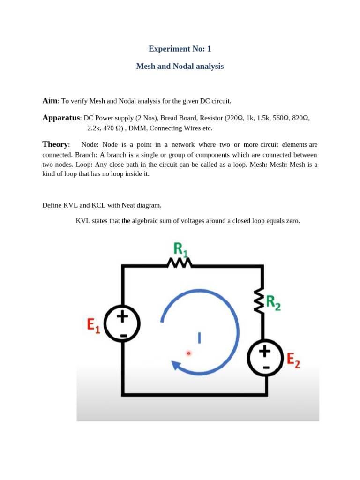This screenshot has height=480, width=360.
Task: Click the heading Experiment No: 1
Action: [180, 49]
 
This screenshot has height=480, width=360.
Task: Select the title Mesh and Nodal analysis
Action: [180, 67]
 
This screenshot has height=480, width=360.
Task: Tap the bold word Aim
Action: [50, 101]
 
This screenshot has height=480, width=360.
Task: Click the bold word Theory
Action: [55, 144]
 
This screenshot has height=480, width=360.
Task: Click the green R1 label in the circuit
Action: [181, 250]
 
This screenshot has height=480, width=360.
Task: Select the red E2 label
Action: [293, 360]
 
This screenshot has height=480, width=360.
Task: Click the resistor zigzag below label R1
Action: [180, 265]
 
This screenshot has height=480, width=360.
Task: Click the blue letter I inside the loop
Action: [199, 337]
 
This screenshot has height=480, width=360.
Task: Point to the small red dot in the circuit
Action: [188, 353]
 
